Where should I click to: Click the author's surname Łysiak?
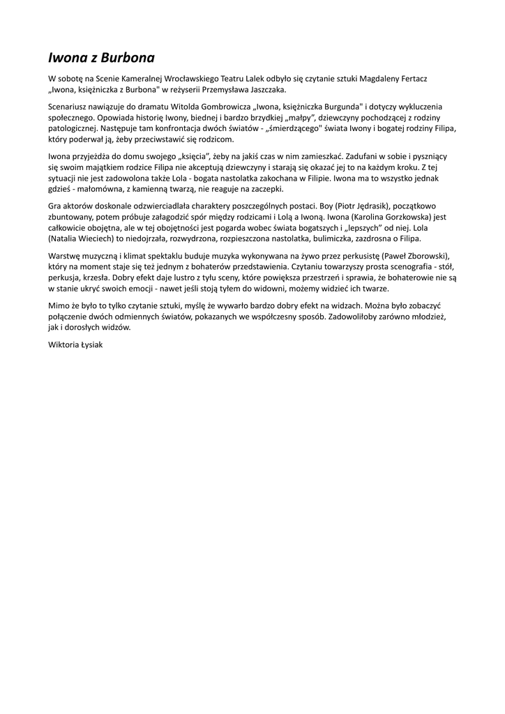pyautogui.click(x=89, y=344)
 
